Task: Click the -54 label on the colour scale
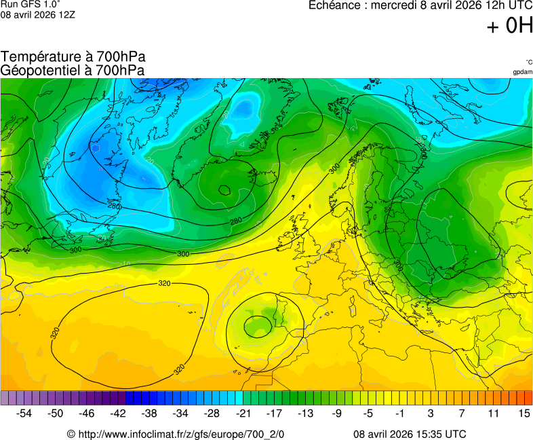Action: click(x=24, y=413)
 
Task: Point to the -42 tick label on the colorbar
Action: click(x=117, y=413)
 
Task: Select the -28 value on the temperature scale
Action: click(x=212, y=413)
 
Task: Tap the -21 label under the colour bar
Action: click(x=243, y=413)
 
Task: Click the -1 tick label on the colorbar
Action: click(x=399, y=413)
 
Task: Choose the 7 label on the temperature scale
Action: click(x=462, y=413)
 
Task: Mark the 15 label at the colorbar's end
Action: click(x=524, y=413)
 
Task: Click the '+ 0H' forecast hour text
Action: click(x=509, y=26)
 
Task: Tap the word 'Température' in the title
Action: click(x=38, y=57)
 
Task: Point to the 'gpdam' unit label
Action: click(x=522, y=72)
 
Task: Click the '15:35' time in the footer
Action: click(x=432, y=434)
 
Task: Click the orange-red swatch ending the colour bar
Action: click(x=528, y=398)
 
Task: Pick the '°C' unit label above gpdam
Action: click(x=528, y=62)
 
